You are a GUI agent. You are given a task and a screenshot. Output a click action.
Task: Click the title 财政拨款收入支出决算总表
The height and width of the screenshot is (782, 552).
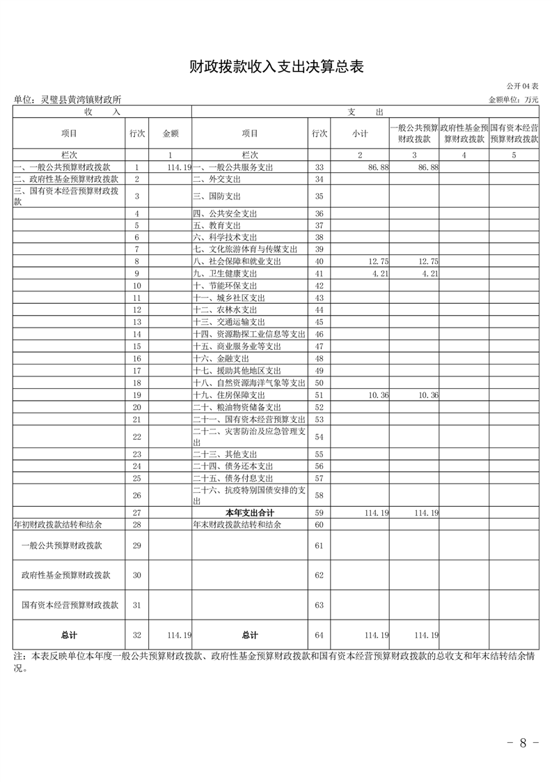point(276,67)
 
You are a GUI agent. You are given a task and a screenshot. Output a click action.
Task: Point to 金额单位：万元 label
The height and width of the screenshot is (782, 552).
point(514,100)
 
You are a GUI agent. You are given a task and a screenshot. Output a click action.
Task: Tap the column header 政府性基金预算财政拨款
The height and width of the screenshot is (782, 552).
point(464,133)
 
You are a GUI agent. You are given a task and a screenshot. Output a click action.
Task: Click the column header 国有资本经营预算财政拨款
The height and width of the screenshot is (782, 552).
point(514,133)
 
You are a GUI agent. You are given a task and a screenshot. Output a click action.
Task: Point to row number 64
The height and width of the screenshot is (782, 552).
point(320,635)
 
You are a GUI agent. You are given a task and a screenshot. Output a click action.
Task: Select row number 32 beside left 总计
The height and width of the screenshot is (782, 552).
point(137,635)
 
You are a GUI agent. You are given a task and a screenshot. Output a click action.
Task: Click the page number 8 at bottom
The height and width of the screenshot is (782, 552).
point(523,742)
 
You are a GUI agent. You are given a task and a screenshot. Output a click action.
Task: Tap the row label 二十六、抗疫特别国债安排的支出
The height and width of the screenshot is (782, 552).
point(249,496)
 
